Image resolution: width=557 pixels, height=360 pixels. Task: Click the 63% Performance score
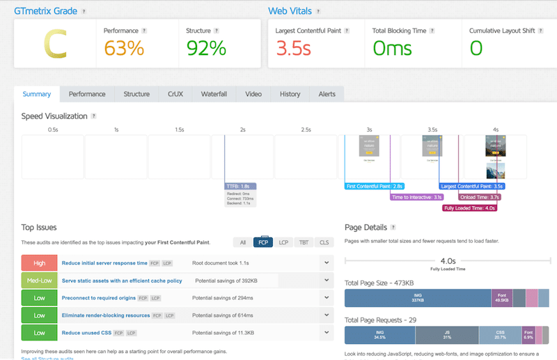[124, 48]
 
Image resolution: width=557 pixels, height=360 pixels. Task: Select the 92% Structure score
[206, 48]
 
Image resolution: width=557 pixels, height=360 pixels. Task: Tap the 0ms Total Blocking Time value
[392, 48]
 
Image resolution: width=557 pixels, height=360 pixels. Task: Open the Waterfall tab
[216, 94]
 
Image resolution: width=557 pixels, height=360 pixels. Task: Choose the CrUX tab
[175, 94]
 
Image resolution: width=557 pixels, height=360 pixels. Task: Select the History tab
[290, 94]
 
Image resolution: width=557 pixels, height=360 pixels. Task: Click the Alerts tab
[327, 94]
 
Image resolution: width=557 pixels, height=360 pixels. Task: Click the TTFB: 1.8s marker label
[241, 187]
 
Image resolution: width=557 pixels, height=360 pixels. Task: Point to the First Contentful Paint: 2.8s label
[375, 187]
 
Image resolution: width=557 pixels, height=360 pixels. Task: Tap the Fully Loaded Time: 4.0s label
[470, 208]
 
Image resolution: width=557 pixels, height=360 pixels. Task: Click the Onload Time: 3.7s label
[479, 197]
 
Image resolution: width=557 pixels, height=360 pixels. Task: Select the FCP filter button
[263, 242]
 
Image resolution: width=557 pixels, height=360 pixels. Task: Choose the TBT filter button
[304, 242]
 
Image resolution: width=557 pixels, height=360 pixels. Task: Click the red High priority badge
[39, 263]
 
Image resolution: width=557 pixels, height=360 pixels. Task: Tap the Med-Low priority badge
[39, 280]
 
